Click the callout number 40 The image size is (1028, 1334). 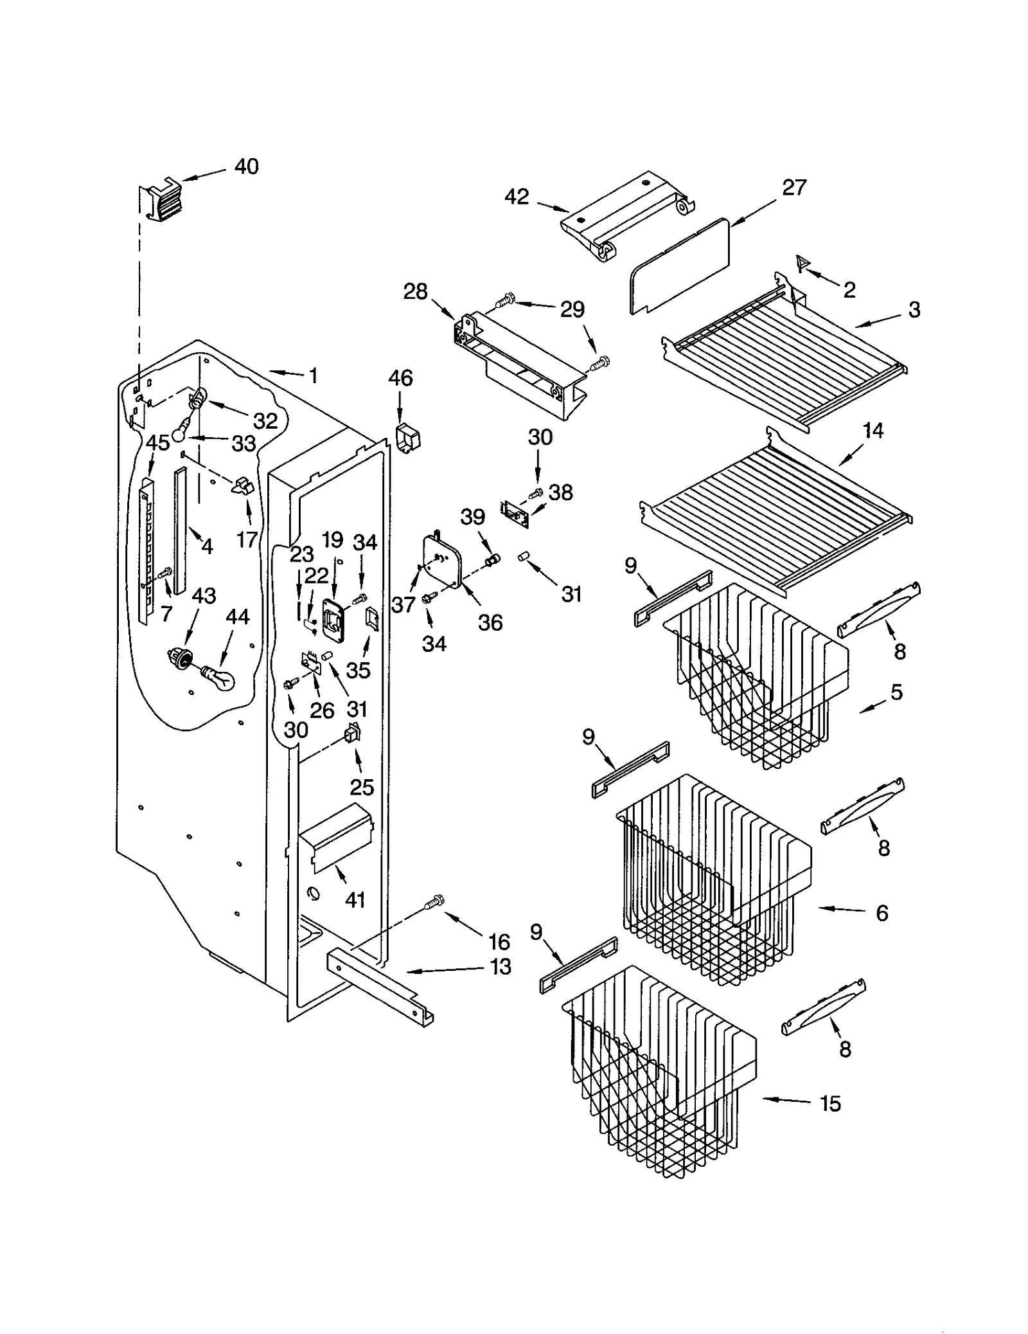pyautogui.click(x=246, y=167)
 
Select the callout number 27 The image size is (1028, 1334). pyautogui.click(x=794, y=187)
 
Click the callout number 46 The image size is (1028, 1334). pyautogui.click(x=400, y=377)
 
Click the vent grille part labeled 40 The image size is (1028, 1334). pyautogui.click(x=161, y=201)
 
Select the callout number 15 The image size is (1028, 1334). pyautogui.click(x=830, y=1104)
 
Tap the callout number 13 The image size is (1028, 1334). pyautogui.click(x=501, y=966)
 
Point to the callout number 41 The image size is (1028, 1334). pyautogui.click(x=355, y=899)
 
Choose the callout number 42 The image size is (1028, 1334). pyautogui.click(x=516, y=196)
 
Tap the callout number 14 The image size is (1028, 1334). pyautogui.click(x=873, y=430)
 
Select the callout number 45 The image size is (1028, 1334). pyautogui.click(x=157, y=442)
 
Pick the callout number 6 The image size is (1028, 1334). pyautogui.click(x=882, y=912)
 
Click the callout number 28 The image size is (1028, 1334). pyautogui.click(x=415, y=291)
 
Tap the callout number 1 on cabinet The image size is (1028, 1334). pyautogui.click(x=314, y=375)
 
